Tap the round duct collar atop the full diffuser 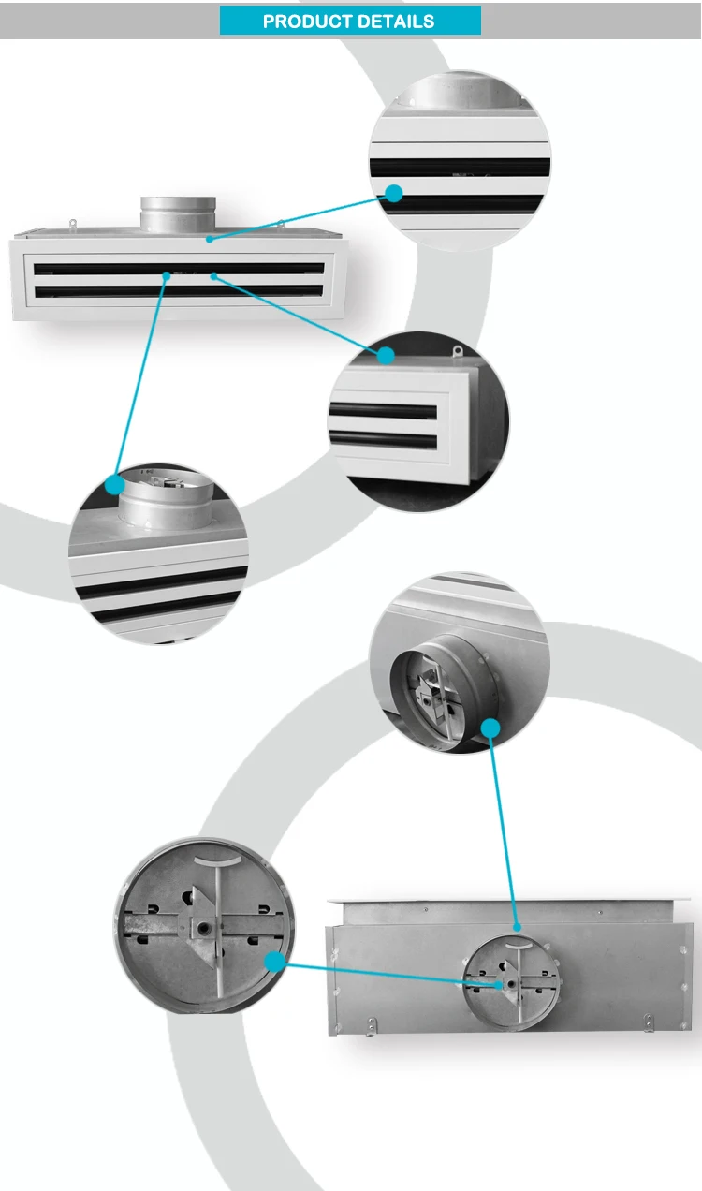click(x=179, y=213)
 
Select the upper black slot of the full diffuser click(x=178, y=269)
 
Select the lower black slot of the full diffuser click(x=178, y=291)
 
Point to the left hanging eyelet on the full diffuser click(x=73, y=223)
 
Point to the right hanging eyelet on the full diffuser click(x=280, y=223)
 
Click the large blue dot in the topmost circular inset click(x=394, y=193)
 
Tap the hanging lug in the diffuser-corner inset click(x=458, y=353)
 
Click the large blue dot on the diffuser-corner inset click(x=385, y=355)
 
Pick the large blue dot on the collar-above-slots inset click(x=114, y=484)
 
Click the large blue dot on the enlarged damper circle click(x=273, y=961)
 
